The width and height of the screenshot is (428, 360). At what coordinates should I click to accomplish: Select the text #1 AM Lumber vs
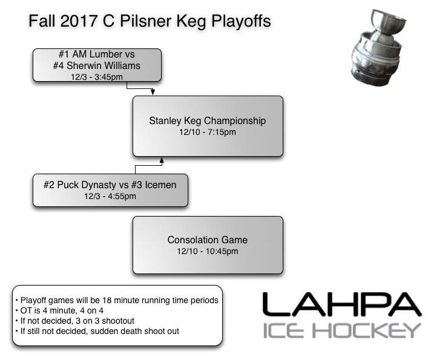click(x=97, y=55)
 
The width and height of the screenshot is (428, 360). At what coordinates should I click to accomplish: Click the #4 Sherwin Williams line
click(x=97, y=66)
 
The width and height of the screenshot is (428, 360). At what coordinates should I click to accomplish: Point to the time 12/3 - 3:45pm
click(x=97, y=76)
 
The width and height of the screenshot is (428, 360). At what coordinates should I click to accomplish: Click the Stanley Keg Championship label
click(x=207, y=121)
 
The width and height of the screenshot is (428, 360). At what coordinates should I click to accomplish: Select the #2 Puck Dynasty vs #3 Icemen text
click(x=110, y=185)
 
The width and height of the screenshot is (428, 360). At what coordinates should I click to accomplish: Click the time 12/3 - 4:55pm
click(x=110, y=196)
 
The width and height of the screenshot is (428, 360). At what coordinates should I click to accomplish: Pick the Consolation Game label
click(x=207, y=240)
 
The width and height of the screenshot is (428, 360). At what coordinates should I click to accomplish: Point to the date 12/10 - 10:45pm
click(x=207, y=251)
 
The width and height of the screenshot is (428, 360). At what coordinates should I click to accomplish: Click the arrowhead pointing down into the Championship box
click(x=153, y=93)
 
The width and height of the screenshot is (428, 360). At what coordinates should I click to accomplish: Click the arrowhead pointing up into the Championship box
click(x=161, y=160)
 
